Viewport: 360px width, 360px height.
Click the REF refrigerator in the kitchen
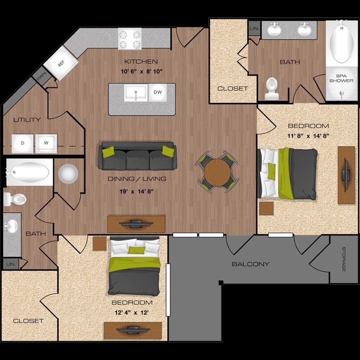tap(61, 63)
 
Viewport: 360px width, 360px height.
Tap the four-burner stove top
tap(130, 38)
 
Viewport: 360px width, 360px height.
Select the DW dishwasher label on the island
tap(158, 92)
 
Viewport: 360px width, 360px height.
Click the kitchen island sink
tap(136, 93)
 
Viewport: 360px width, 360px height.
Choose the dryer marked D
tap(23, 144)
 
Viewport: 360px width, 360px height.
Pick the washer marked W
tap(46, 144)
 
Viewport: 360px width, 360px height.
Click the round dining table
tap(217, 172)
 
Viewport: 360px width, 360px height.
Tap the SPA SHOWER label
tap(341, 78)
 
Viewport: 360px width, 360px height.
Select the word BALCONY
tap(251, 264)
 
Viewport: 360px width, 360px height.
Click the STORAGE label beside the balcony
tap(344, 259)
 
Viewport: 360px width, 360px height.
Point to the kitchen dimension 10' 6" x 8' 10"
tap(142, 72)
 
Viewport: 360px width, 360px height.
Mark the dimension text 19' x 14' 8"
tap(137, 191)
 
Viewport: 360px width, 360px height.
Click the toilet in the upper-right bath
tap(272, 89)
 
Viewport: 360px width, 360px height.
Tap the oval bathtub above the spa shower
tap(341, 44)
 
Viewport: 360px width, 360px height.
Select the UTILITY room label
tap(27, 120)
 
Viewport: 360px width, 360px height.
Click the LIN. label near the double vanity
tap(254, 28)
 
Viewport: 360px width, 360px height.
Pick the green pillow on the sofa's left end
tap(108, 152)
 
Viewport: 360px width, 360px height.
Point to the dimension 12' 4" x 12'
tap(132, 312)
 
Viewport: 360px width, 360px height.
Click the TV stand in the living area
tap(136, 224)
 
